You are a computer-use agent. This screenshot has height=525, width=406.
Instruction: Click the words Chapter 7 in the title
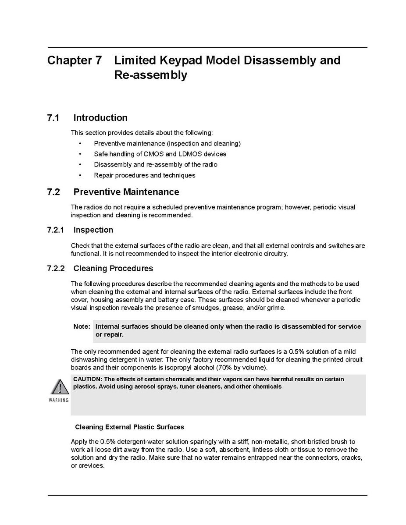point(74,60)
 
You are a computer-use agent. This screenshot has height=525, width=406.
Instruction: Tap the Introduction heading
point(100,118)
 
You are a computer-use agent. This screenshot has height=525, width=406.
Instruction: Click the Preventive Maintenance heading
point(126,192)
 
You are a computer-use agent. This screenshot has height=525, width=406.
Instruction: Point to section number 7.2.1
point(56,230)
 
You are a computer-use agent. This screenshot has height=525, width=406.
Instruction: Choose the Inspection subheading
point(93,230)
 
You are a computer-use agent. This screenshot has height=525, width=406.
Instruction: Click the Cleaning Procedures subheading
point(113,268)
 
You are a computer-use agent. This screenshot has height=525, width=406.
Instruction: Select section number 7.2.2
point(56,268)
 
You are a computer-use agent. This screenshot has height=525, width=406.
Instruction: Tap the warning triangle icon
point(59,387)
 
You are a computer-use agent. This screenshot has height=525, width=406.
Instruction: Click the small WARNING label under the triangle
point(59,400)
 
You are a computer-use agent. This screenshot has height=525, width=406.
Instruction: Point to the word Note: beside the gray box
point(82,326)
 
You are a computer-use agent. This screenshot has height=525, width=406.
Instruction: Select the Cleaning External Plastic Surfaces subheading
point(129,427)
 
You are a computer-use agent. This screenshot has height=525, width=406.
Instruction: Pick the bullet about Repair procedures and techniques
point(144,175)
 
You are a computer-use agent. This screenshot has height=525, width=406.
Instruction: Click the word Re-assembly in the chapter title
point(150,75)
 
